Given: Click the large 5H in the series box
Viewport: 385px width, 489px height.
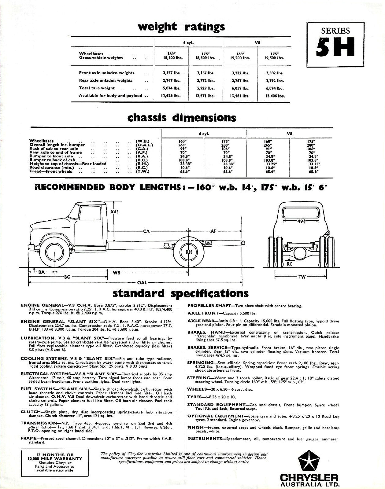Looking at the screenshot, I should point(335,47).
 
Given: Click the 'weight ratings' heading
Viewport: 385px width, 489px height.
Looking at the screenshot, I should point(181,27).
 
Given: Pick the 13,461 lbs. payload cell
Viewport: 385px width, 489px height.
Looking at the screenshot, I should point(240,96).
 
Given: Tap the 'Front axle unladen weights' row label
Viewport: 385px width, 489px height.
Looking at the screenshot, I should point(106,73).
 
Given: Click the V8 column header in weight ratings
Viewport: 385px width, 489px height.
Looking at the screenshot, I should point(257,43).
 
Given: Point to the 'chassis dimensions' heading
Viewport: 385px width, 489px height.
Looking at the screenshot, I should point(182,118).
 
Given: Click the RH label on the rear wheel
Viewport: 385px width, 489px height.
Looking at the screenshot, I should point(189,252).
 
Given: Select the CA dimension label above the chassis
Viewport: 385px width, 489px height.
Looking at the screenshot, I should point(146,231).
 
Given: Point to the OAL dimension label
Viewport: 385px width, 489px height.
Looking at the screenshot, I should point(142,283).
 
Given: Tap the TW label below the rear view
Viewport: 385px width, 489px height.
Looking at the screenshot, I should point(302,277).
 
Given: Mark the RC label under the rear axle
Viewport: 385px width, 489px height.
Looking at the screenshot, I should point(289,264).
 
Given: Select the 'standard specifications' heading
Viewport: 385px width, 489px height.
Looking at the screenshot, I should point(180,293).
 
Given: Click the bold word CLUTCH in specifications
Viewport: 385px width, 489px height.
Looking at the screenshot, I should point(31,412).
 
